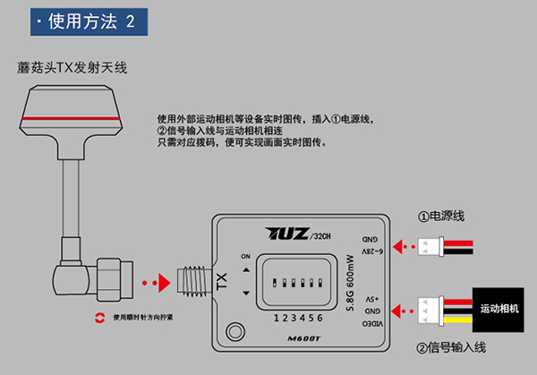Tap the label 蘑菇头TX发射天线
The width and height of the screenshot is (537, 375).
tap(68, 67)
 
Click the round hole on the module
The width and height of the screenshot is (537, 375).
tap(236, 330)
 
